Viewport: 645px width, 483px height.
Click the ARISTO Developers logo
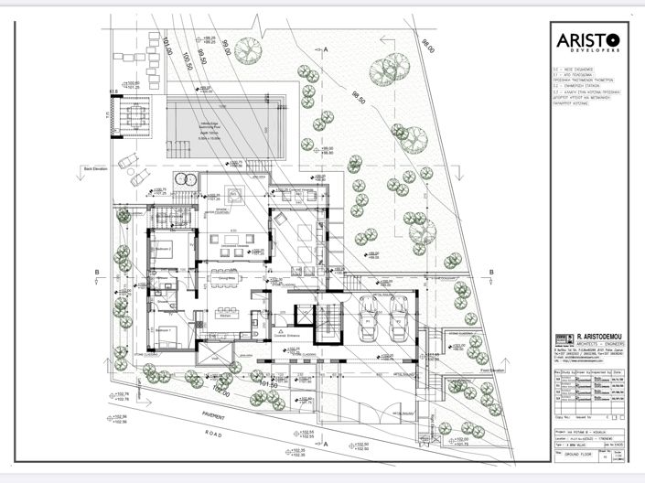click(588, 41)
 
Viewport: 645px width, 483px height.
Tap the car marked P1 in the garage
click(372, 321)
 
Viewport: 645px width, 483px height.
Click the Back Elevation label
click(95, 169)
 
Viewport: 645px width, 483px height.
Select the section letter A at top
click(324, 46)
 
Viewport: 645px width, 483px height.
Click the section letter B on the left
click(96, 273)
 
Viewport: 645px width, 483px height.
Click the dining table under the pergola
click(131, 117)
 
